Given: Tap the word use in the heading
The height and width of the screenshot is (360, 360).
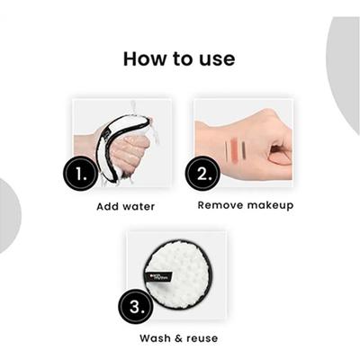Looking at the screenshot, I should [216, 59].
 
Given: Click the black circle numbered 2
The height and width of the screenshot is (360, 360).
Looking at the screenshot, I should [202, 173].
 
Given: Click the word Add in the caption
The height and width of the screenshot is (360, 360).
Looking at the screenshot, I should [109, 206].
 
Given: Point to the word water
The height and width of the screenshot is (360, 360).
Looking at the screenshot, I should [139, 206].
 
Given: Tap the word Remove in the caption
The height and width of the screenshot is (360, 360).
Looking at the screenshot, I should [220, 205].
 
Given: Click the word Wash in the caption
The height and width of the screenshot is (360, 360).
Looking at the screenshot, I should [156, 338].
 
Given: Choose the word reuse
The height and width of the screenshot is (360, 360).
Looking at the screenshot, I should [201, 338].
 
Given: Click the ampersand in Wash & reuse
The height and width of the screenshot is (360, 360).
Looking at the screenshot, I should [176, 338].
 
